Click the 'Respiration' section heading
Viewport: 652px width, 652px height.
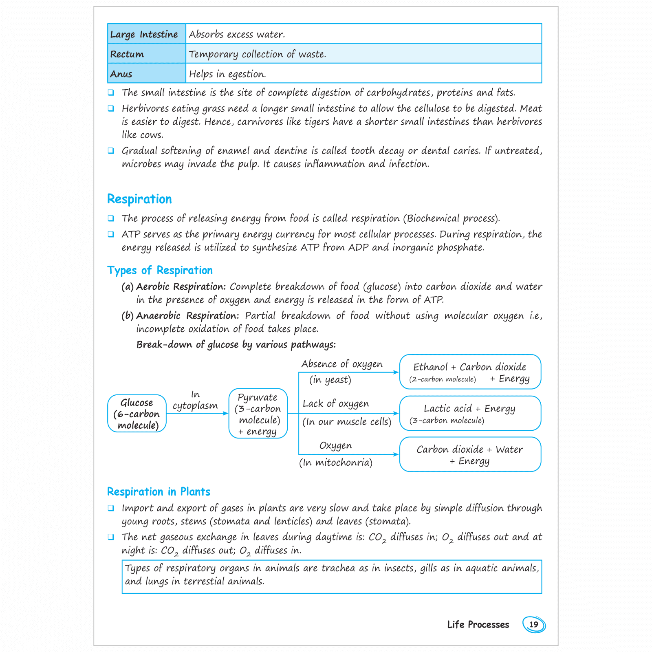tap(139, 199)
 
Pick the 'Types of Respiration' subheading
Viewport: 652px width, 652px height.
tap(160, 271)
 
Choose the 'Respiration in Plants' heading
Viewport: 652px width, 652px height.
tap(159, 492)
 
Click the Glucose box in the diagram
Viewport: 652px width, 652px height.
tap(137, 414)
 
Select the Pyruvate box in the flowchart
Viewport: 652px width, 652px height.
tap(258, 414)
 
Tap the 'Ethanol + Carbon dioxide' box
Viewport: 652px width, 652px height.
tap(470, 372)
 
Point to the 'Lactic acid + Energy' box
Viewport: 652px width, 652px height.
tap(470, 413)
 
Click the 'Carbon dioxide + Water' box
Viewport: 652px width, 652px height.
tap(470, 454)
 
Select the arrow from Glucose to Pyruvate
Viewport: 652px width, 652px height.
tap(198, 413)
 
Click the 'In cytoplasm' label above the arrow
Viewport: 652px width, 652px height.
tap(195, 400)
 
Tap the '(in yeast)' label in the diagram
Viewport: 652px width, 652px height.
tap(330, 380)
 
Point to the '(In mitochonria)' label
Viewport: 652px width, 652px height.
tap(336, 463)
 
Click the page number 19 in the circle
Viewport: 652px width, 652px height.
tap(534, 624)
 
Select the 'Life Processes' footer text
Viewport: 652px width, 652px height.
tap(478, 625)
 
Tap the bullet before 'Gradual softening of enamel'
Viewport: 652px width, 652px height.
tap(111, 151)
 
